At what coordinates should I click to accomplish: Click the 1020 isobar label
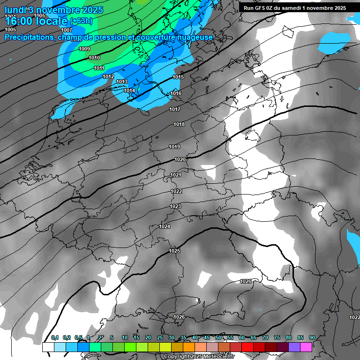coord(180,159)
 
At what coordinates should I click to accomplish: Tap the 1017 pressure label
coord(175,109)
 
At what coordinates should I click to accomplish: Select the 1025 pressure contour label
coord(174,251)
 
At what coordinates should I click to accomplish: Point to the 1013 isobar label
coord(122,82)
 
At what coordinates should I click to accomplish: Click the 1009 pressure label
coord(84,49)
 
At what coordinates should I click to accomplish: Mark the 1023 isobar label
coord(175,206)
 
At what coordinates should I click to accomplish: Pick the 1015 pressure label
coord(178,77)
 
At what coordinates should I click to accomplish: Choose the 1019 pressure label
coord(174,147)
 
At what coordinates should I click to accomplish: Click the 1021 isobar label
coord(176,175)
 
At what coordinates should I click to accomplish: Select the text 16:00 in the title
coord(20,21)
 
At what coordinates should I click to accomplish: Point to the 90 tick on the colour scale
coord(312,337)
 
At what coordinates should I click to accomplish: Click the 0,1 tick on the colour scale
coord(54,337)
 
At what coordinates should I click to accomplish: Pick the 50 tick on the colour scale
coord(218,337)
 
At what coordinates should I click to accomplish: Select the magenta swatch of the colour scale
coord(306,347)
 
